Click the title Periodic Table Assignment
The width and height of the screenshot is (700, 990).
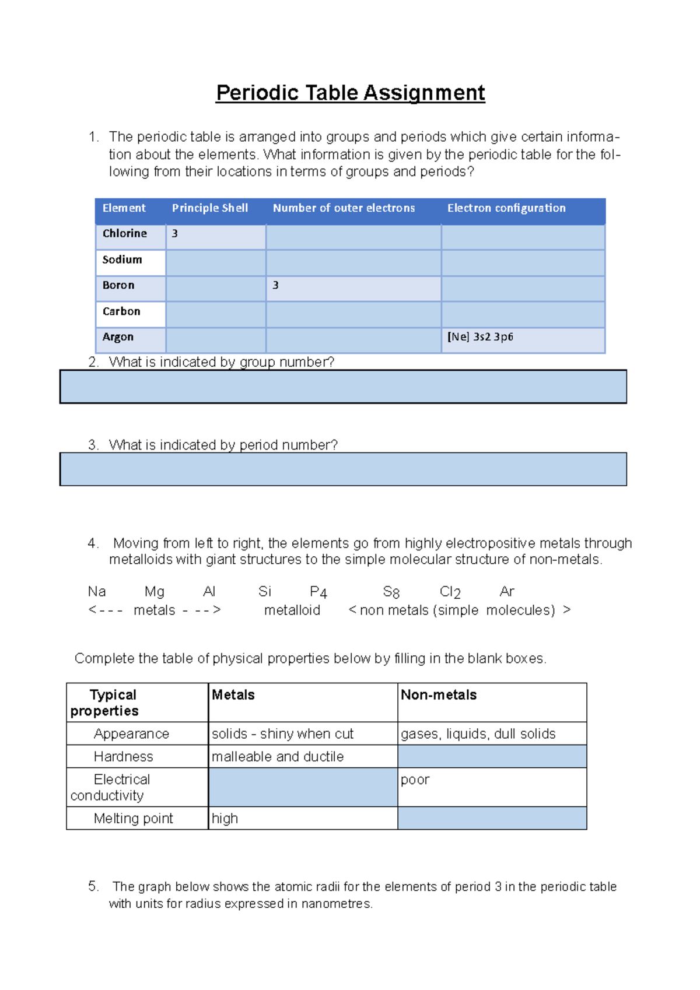click(x=350, y=93)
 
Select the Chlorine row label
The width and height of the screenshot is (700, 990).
click(x=125, y=234)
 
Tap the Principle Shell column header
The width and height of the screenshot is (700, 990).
click(x=209, y=208)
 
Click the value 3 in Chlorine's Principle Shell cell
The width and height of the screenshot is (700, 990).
click(x=174, y=234)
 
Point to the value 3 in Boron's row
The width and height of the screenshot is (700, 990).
click(x=275, y=285)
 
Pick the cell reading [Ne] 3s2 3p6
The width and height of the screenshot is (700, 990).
click(x=480, y=337)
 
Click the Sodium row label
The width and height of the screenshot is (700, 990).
click(x=122, y=259)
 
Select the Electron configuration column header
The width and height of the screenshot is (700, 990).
click(x=506, y=208)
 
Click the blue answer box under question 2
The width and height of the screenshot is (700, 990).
click(x=343, y=387)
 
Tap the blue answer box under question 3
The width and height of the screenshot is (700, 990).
click(x=343, y=469)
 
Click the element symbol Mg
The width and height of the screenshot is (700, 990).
click(x=155, y=592)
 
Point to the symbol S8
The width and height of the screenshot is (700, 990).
click(x=391, y=592)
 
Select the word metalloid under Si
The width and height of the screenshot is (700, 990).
click(x=292, y=610)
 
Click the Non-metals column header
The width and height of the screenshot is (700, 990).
click(x=439, y=695)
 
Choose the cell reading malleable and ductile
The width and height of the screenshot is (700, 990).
click(x=278, y=757)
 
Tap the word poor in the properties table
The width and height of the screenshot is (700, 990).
click(x=415, y=780)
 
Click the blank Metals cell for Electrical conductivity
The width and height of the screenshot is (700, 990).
click(x=303, y=787)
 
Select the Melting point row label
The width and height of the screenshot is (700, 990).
click(x=133, y=819)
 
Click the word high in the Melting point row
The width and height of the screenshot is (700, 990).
click(x=225, y=819)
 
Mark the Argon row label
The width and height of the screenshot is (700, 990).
click(x=118, y=337)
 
